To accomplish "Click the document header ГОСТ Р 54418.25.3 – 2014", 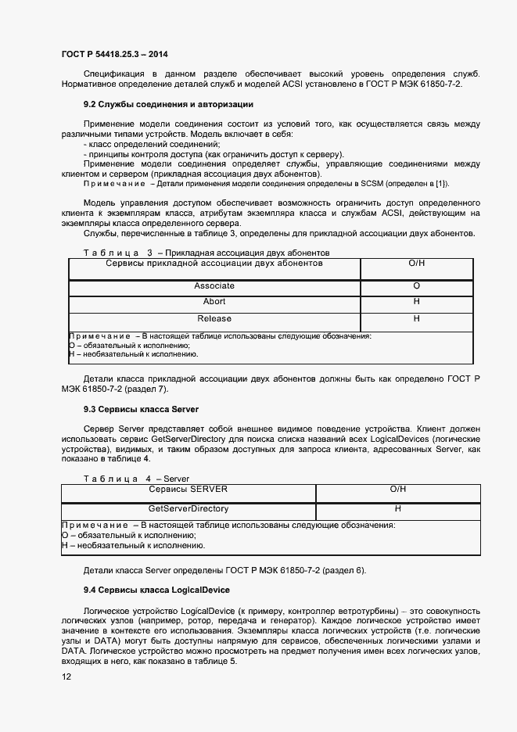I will [x=114, y=54].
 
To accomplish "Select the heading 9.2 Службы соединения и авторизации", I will [x=168, y=104].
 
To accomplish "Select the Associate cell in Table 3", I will [x=214, y=286].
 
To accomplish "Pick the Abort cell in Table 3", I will [x=214, y=302].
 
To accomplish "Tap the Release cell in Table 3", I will [x=214, y=318].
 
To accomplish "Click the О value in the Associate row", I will [x=416, y=286].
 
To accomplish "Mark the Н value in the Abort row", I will [x=416, y=302].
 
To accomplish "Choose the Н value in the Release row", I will [x=416, y=318].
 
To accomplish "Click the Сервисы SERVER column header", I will [x=188, y=489].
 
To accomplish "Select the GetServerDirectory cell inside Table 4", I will [x=188, y=508].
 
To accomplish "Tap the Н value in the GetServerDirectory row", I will [x=397, y=508].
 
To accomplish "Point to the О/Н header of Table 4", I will [x=397, y=489].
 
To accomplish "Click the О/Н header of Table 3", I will [x=416, y=264].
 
